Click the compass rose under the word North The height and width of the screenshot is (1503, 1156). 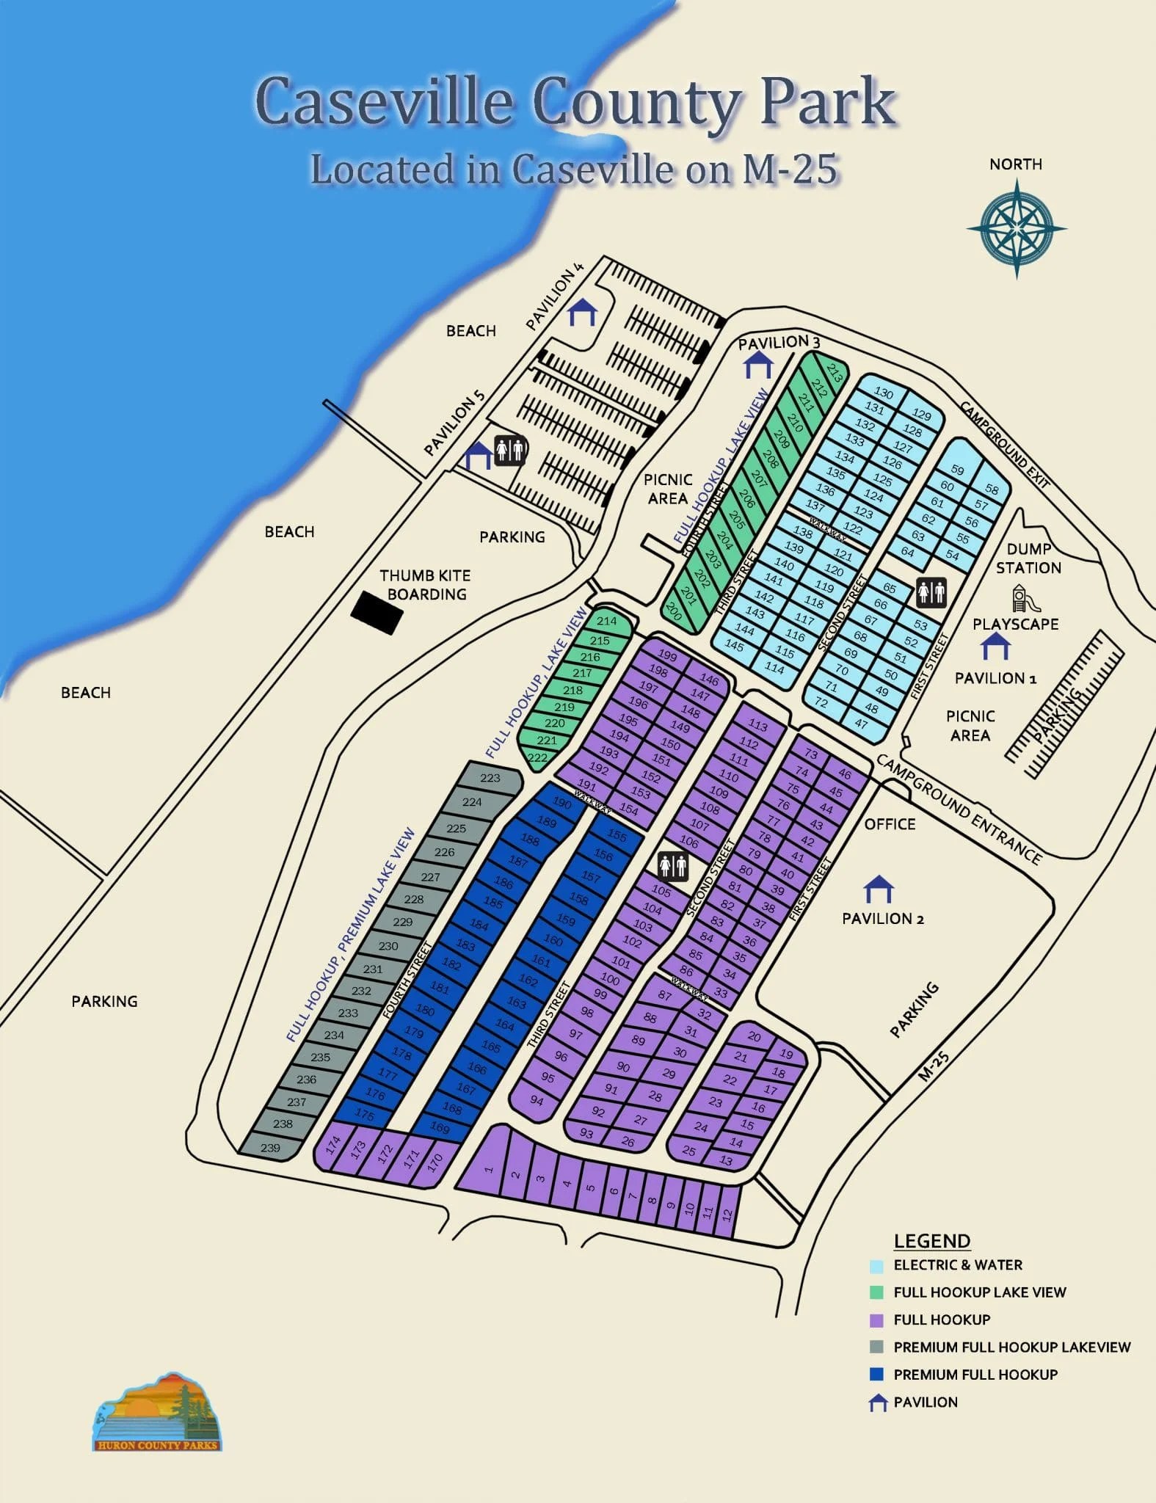[x=1017, y=228]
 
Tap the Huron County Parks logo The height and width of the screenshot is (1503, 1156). [x=157, y=1411]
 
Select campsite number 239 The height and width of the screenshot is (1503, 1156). [x=270, y=1148]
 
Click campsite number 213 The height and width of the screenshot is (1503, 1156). [x=835, y=371]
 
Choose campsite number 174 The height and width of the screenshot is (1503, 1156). [x=333, y=1146]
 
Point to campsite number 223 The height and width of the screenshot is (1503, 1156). [x=490, y=778]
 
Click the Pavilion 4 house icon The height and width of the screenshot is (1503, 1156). [x=583, y=312]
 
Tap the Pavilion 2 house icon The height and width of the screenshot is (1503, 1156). [x=879, y=889]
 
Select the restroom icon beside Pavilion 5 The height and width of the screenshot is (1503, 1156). [x=509, y=450]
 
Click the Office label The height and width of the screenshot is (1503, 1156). [x=890, y=824]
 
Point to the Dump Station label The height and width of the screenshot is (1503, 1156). [x=1028, y=558]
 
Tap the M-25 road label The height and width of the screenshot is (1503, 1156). [x=934, y=1066]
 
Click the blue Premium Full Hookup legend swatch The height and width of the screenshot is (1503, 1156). [x=876, y=1375]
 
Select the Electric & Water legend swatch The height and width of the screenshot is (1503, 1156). [x=876, y=1266]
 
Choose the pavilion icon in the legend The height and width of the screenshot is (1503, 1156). [x=878, y=1403]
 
